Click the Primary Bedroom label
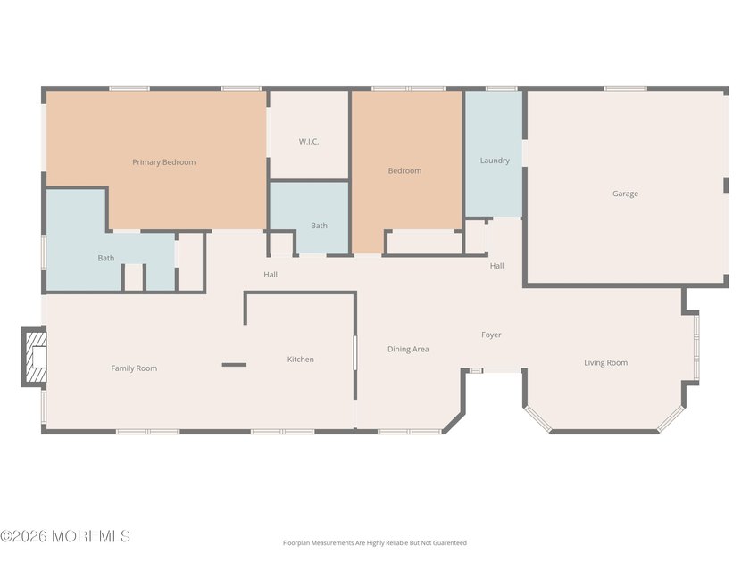click(164, 162)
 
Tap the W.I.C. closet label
click(309, 142)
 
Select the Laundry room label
click(495, 161)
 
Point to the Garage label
click(625, 194)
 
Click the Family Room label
click(134, 368)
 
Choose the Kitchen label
click(300, 360)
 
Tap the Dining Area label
click(408, 350)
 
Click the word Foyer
click(491, 335)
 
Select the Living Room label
click(605, 363)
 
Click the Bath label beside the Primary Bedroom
click(106, 258)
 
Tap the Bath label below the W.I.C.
click(319, 226)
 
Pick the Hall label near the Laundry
click(496, 266)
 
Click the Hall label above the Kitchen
click(271, 275)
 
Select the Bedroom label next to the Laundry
click(404, 170)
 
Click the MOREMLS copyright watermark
click(65, 536)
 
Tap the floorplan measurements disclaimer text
click(374, 543)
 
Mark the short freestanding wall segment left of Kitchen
click(234, 365)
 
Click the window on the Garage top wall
click(625, 88)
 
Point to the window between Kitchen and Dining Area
click(355, 352)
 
